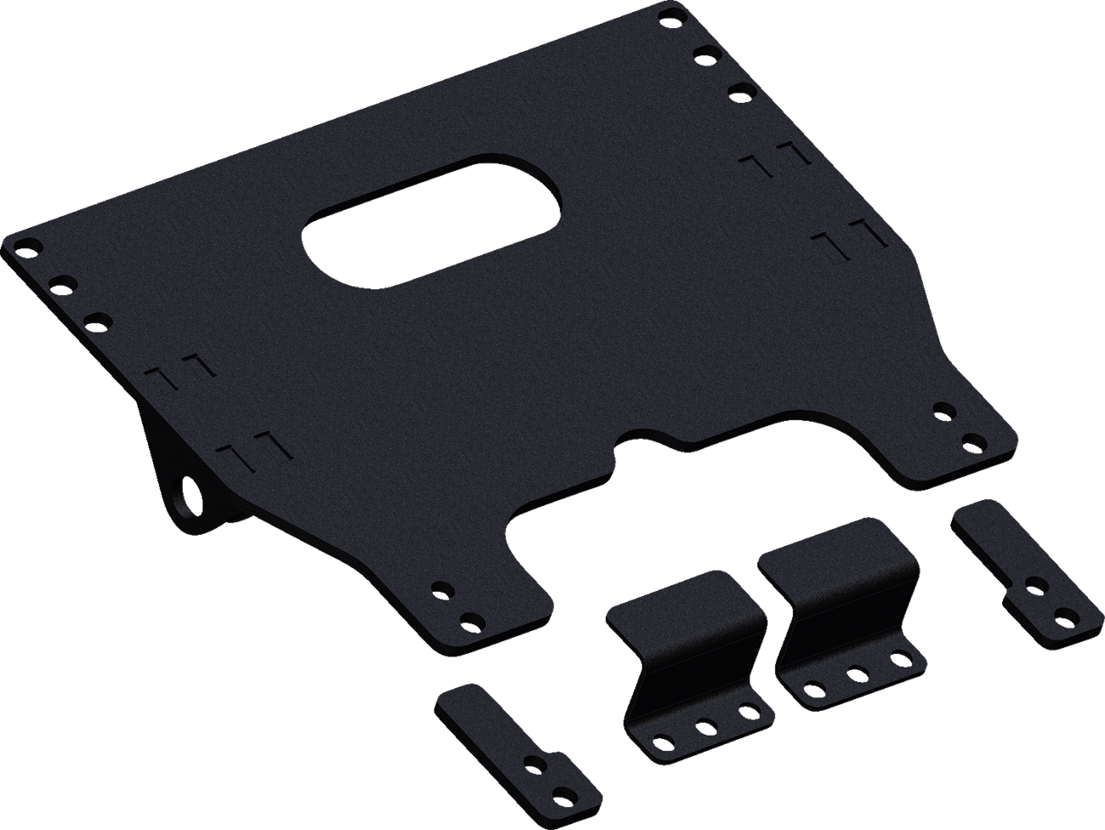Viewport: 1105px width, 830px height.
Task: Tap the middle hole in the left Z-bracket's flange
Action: [705, 725]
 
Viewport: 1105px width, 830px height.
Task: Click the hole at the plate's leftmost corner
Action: [24, 246]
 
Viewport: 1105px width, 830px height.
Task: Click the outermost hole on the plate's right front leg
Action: [972, 443]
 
